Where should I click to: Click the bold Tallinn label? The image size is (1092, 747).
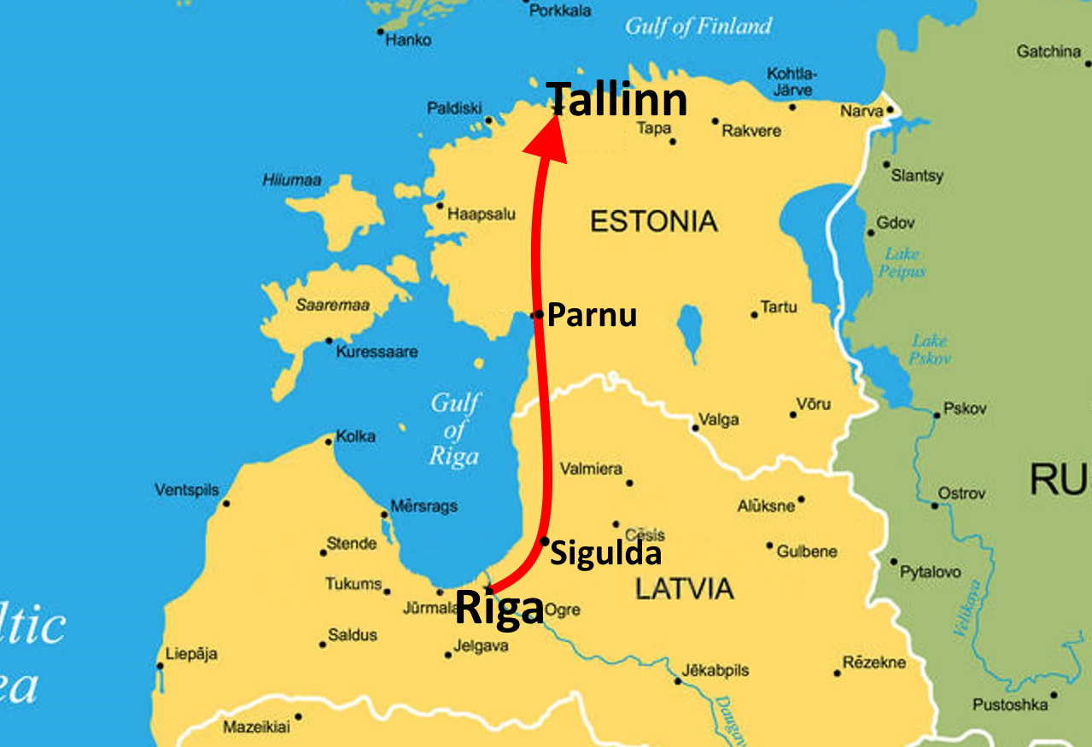click(x=617, y=100)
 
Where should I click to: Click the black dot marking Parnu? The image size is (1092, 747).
click(x=538, y=315)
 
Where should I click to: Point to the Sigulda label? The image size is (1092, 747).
click(x=605, y=554)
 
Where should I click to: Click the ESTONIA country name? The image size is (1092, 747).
click(x=654, y=222)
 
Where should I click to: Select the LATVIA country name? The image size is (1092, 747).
click(x=685, y=588)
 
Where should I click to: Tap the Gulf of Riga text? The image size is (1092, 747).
click(x=454, y=429)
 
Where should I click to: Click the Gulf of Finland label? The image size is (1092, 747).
click(x=698, y=26)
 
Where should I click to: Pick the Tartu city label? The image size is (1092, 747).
click(x=779, y=307)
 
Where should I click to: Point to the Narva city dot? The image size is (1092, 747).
click(x=890, y=109)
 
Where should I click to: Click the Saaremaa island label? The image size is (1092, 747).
click(x=326, y=304)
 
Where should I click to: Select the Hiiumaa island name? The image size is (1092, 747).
click(x=292, y=180)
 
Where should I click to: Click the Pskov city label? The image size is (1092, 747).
click(x=965, y=408)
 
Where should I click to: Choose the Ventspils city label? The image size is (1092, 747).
click(x=186, y=490)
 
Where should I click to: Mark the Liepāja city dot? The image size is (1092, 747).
click(x=160, y=666)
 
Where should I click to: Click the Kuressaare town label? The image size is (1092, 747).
click(x=377, y=352)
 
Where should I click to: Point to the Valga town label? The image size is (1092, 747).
click(x=718, y=419)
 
